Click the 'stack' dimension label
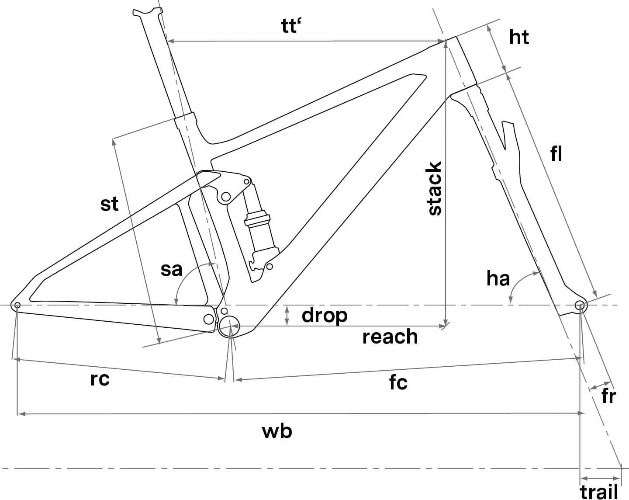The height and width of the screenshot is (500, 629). [x=435, y=188]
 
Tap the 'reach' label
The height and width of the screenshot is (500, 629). [x=390, y=337]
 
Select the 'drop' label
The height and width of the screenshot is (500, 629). [x=325, y=316]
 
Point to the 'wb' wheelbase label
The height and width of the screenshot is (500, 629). [x=277, y=431]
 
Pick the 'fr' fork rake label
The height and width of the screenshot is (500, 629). [x=609, y=396]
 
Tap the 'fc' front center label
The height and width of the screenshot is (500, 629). [x=398, y=382]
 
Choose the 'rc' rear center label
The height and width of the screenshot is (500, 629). [x=100, y=379]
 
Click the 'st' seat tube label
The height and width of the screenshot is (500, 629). [x=109, y=204]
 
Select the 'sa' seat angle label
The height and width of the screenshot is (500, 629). [x=171, y=270]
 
